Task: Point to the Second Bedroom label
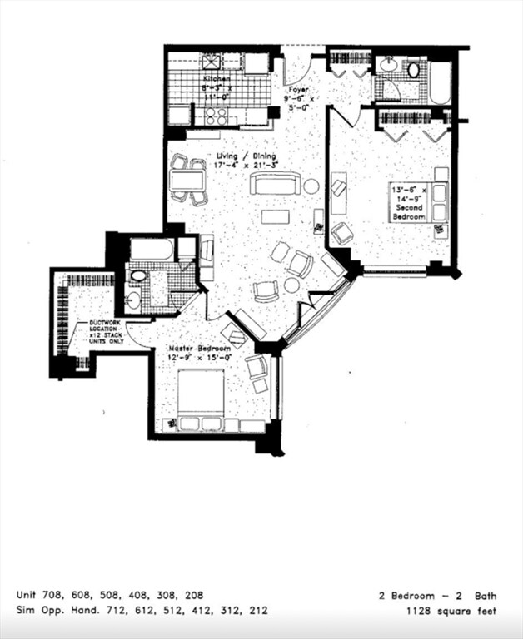[x=409, y=203]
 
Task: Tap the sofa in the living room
[x=275, y=183]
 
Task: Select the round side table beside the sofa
[x=311, y=186]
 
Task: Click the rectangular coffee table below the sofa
[x=275, y=217]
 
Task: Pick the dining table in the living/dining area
[x=187, y=179]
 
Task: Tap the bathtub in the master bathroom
[x=152, y=249]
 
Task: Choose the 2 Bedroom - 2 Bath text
[x=437, y=595]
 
